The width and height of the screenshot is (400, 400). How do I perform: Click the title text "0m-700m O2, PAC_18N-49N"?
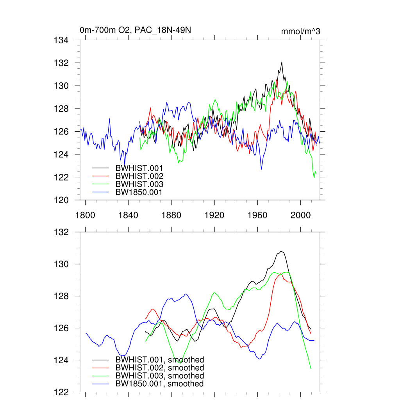(x=135, y=30)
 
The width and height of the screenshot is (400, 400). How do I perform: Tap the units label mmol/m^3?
(x=300, y=31)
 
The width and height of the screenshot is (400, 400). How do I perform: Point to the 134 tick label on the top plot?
(x=61, y=40)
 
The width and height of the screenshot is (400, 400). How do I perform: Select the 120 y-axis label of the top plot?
(x=61, y=200)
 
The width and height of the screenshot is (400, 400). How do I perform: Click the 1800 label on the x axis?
(x=85, y=215)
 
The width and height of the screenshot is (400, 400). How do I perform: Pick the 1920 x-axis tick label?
(x=214, y=215)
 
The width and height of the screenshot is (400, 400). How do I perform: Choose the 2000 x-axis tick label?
(x=300, y=215)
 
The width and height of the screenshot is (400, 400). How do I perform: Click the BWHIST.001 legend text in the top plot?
(x=139, y=168)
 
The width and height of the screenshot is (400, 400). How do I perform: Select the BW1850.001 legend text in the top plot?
(x=139, y=192)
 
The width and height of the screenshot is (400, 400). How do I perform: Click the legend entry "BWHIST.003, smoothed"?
(x=159, y=376)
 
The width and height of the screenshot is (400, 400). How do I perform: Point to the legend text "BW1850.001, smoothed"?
(x=159, y=384)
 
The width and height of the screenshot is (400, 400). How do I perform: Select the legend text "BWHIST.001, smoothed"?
(x=159, y=360)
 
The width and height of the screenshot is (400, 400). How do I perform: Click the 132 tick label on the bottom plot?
(x=61, y=232)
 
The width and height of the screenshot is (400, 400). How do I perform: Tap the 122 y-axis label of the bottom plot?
(x=61, y=392)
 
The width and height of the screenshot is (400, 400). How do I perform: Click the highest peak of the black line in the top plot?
(x=281, y=62)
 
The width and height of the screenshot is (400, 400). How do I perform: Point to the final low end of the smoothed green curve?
(x=311, y=368)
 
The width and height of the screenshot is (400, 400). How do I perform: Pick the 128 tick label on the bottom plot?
(x=61, y=296)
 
